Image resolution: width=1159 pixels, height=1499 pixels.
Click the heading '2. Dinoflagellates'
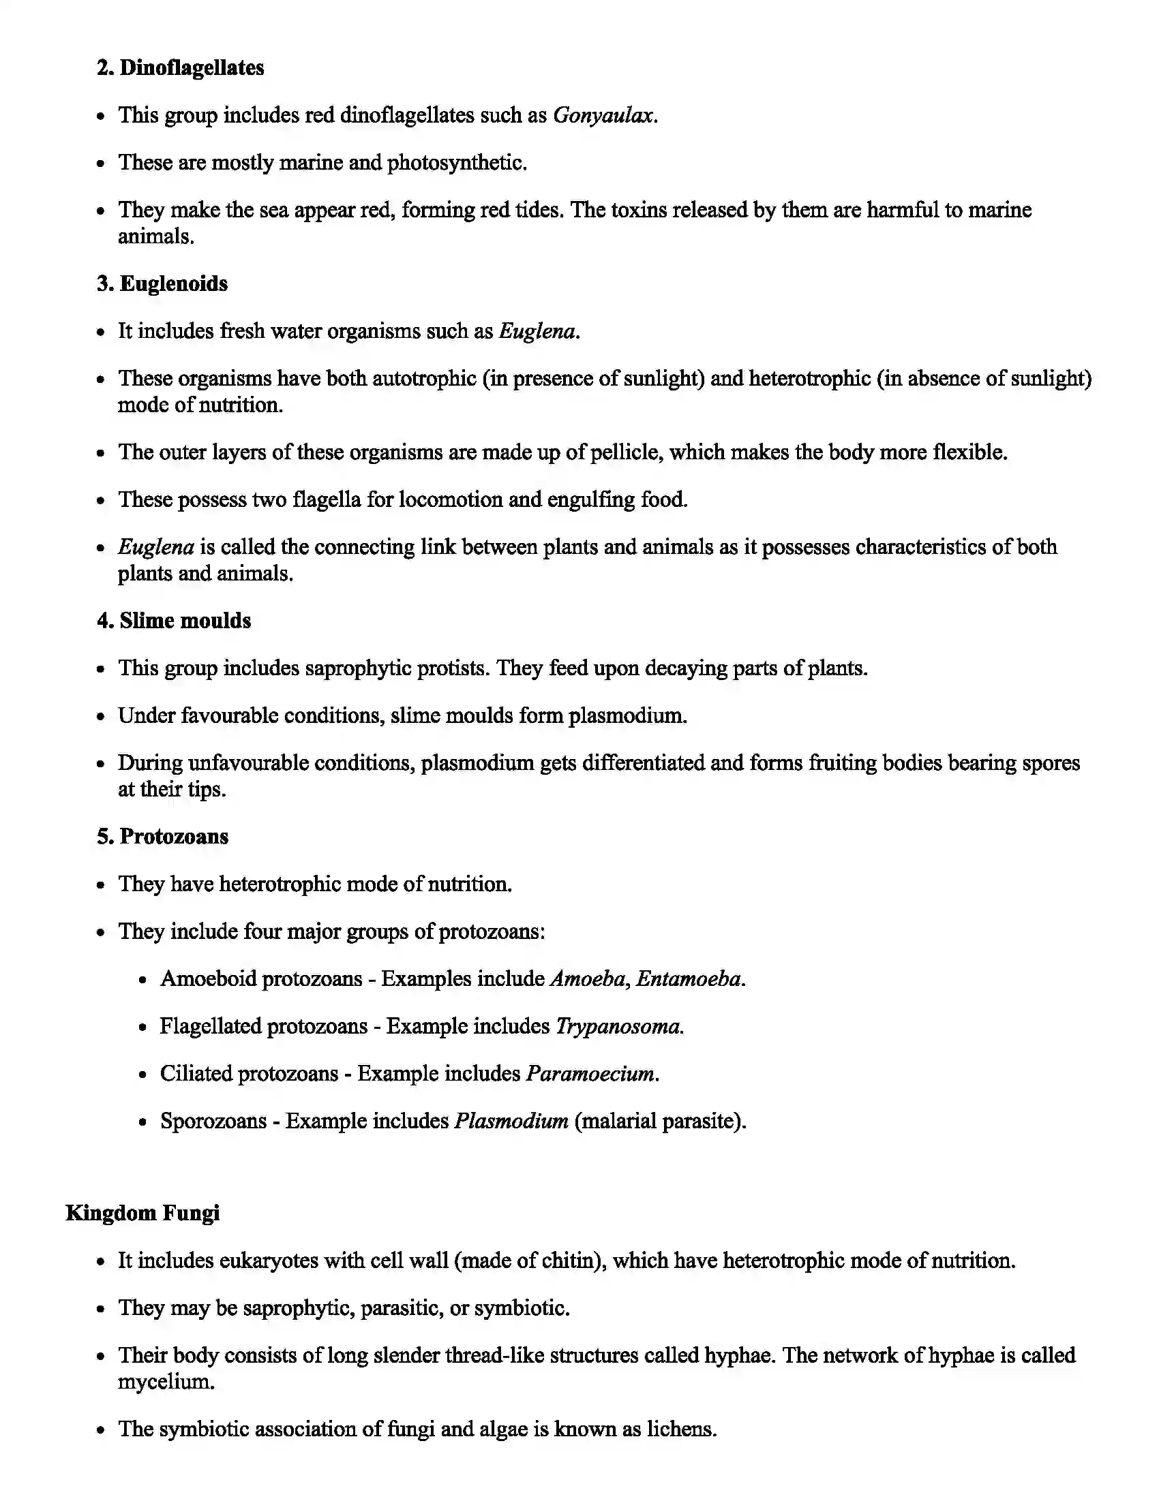pyautogui.click(x=180, y=68)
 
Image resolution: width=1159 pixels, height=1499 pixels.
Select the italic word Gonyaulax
pyautogui.click(x=603, y=115)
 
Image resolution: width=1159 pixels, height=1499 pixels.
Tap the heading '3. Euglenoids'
pyautogui.click(x=162, y=284)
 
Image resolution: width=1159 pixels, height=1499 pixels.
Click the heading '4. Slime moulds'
pyautogui.click(x=174, y=621)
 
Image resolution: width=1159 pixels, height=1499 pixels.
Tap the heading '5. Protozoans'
pyautogui.click(x=163, y=837)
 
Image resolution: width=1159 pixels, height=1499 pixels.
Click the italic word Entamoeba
pyautogui.click(x=689, y=978)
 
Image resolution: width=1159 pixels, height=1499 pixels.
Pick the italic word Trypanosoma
pyautogui.click(x=618, y=1026)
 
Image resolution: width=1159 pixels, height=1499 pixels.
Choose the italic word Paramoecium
pyautogui.click(x=590, y=1073)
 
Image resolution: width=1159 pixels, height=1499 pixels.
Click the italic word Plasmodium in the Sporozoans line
pyautogui.click(x=511, y=1121)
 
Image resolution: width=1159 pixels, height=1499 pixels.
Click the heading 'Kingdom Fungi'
pyautogui.click(x=142, y=1214)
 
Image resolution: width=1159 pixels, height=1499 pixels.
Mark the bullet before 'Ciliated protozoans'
pyautogui.click(x=142, y=1075)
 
